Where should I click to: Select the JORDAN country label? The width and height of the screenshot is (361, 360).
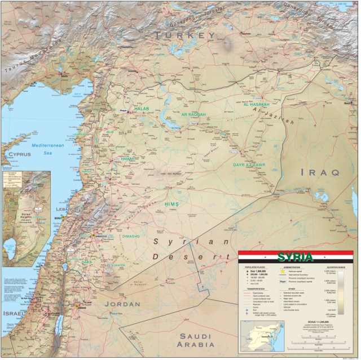[122, 304]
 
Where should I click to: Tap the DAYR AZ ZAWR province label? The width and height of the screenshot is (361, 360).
[249, 165]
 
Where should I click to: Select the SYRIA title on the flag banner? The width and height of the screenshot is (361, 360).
[296, 257]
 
